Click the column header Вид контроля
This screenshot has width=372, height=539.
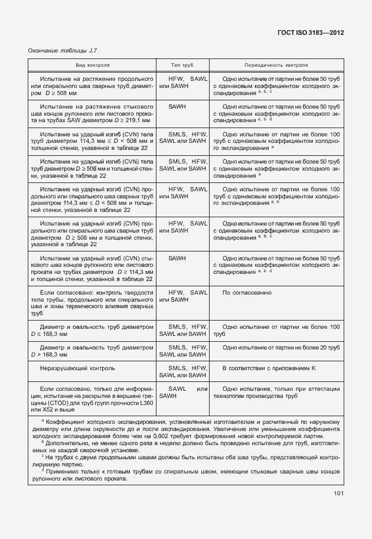tap(92, 66)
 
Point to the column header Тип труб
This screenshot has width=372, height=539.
tap(182, 66)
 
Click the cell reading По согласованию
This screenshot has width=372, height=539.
tap(246, 293)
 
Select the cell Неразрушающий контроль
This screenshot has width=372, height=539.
tap(77, 368)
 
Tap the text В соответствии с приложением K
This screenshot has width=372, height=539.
tap(269, 368)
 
